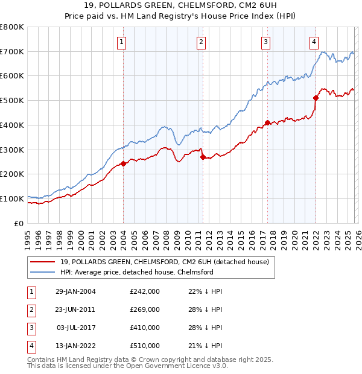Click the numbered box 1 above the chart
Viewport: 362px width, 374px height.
[122, 42]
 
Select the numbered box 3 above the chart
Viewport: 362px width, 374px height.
[265, 42]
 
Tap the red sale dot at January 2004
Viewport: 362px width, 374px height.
[123, 163]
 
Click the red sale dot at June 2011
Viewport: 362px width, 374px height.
[203, 157]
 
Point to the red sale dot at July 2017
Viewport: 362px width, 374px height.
[267, 122]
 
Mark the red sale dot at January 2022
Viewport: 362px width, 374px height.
[316, 98]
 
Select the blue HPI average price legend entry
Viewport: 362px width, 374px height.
[137, 272]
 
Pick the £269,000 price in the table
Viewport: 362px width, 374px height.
[145, 309]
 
